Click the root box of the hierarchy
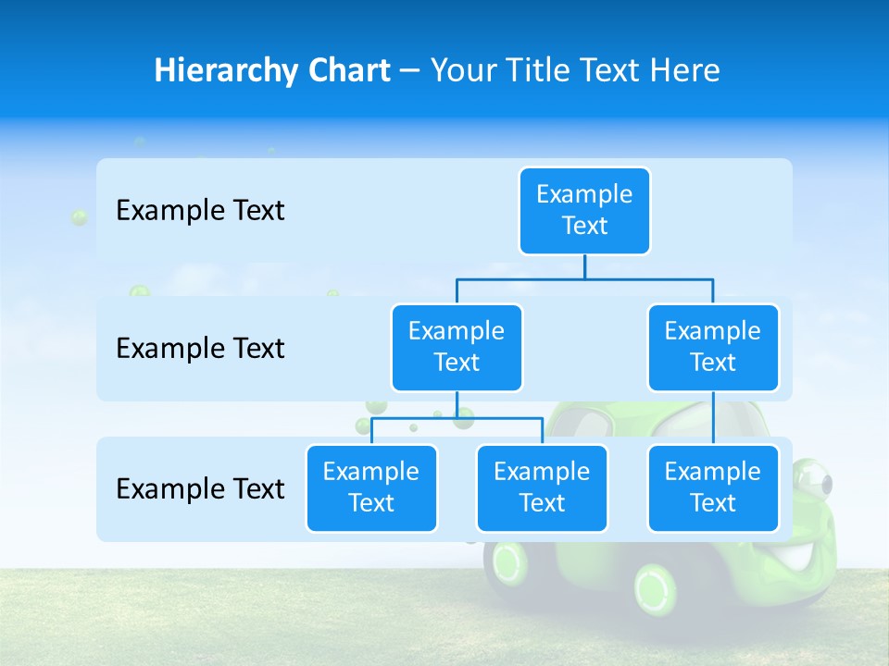point(584,210)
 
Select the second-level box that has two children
point(457,347)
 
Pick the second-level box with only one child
point(713,347)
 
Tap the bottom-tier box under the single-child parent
point(713,487)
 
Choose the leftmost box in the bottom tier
point(371,487)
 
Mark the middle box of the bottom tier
point(542,487)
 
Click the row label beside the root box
point(200,211)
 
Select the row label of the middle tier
point(200,349)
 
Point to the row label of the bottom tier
point(200,488)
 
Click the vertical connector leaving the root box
point(584,266)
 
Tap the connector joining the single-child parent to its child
point(713,418)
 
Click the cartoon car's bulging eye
point(816,481)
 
